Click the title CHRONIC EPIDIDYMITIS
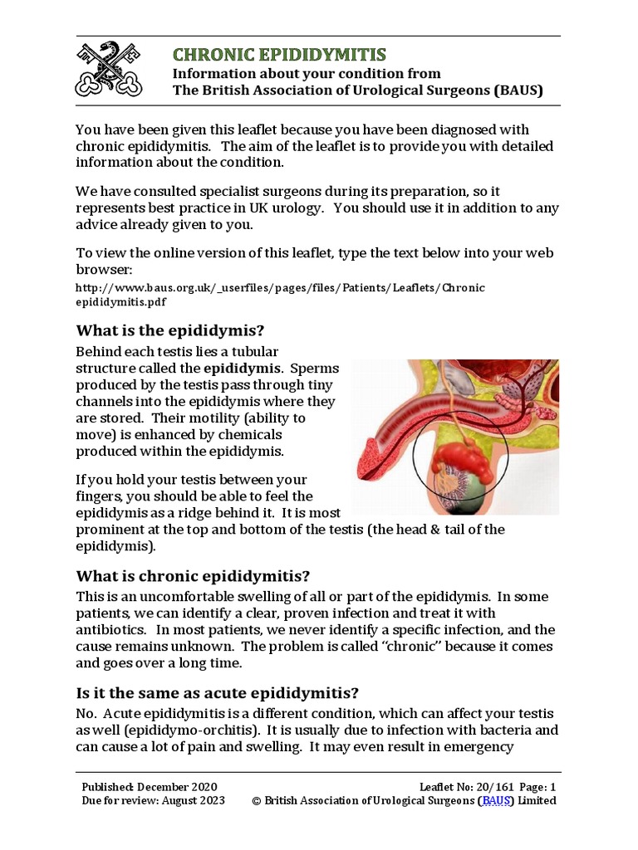click(x=279, y=55)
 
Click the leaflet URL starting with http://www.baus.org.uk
click(x=279, y=288)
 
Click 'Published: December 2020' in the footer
click(x=150, y=786)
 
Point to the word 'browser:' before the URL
click(x=104, y=270)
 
